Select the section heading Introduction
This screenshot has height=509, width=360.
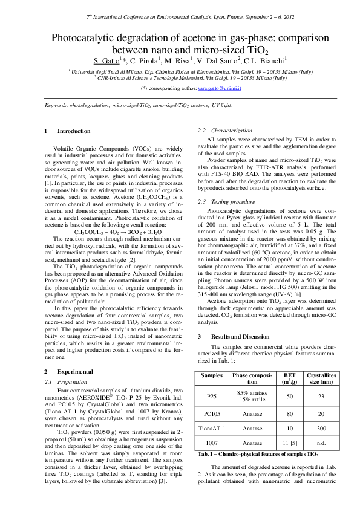point(74,131)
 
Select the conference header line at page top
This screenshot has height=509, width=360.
point(180,19)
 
